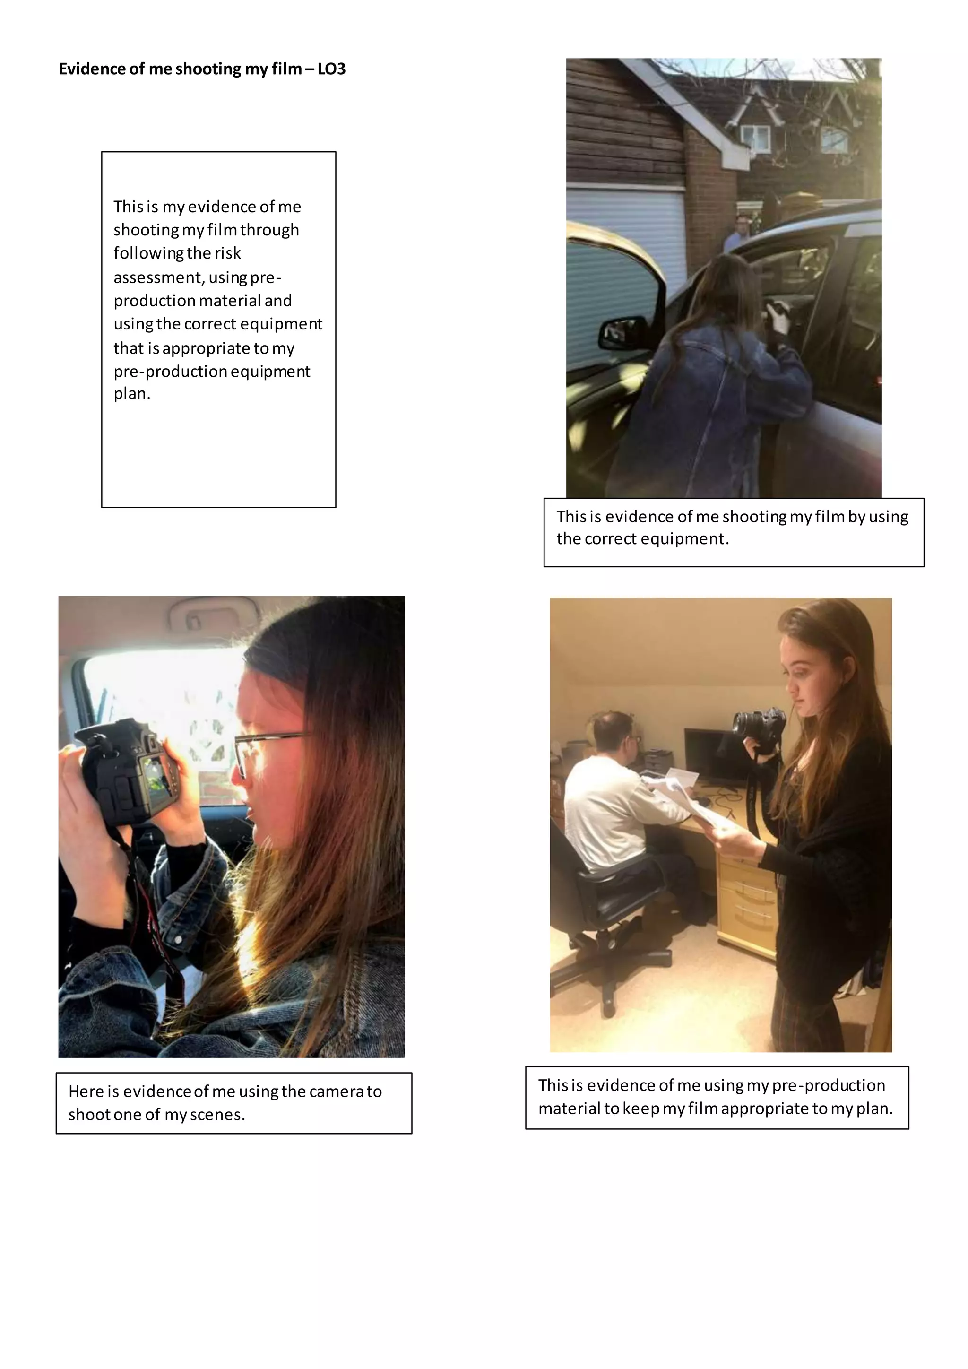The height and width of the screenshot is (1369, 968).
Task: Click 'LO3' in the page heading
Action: pos(331,69)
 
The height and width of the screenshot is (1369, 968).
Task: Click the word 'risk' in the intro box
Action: pos(227,253)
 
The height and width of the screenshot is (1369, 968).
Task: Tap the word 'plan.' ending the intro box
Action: pos(132,393)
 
